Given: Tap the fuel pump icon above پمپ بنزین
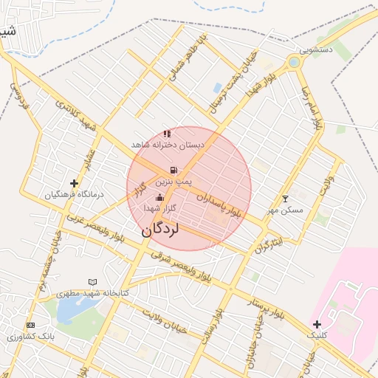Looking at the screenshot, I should coord(173,170).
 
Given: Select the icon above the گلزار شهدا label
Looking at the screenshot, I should coord(160,198).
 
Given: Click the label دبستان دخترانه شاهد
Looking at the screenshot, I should coord(168,145).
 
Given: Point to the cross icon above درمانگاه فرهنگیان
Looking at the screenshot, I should coord(74,183).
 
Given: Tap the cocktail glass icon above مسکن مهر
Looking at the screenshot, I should coord(286,199).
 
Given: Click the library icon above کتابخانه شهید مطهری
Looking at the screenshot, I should coord(92,282).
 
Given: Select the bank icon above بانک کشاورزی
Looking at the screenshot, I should coord(30,325).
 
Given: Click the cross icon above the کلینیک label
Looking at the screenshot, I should coord(317,324).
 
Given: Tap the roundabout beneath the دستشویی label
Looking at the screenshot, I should coord(295,63).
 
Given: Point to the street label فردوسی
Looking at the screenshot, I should coord(19,95).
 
